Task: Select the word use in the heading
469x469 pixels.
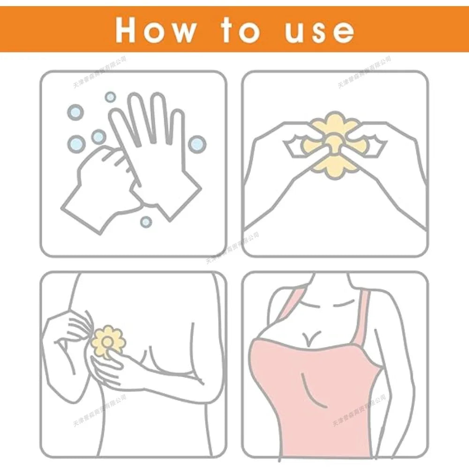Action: click(x=319, y=30)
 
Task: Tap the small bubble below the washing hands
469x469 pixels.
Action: click(x=146, y=220)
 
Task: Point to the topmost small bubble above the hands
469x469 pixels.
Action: click(x=110, y=97)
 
